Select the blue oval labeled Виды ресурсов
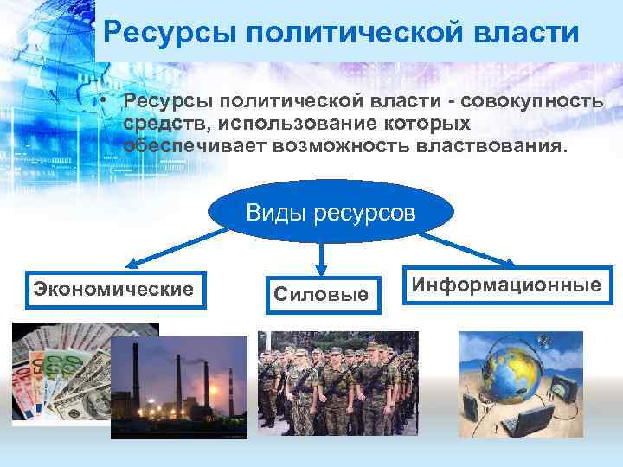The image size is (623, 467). click(x=331, y=212)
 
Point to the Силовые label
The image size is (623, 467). click(x=321, y=295)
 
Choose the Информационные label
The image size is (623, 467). click(x=505, y=284)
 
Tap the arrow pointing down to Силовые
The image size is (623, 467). click(x=322, y=256)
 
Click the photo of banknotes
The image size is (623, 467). click(x=61, y=372)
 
